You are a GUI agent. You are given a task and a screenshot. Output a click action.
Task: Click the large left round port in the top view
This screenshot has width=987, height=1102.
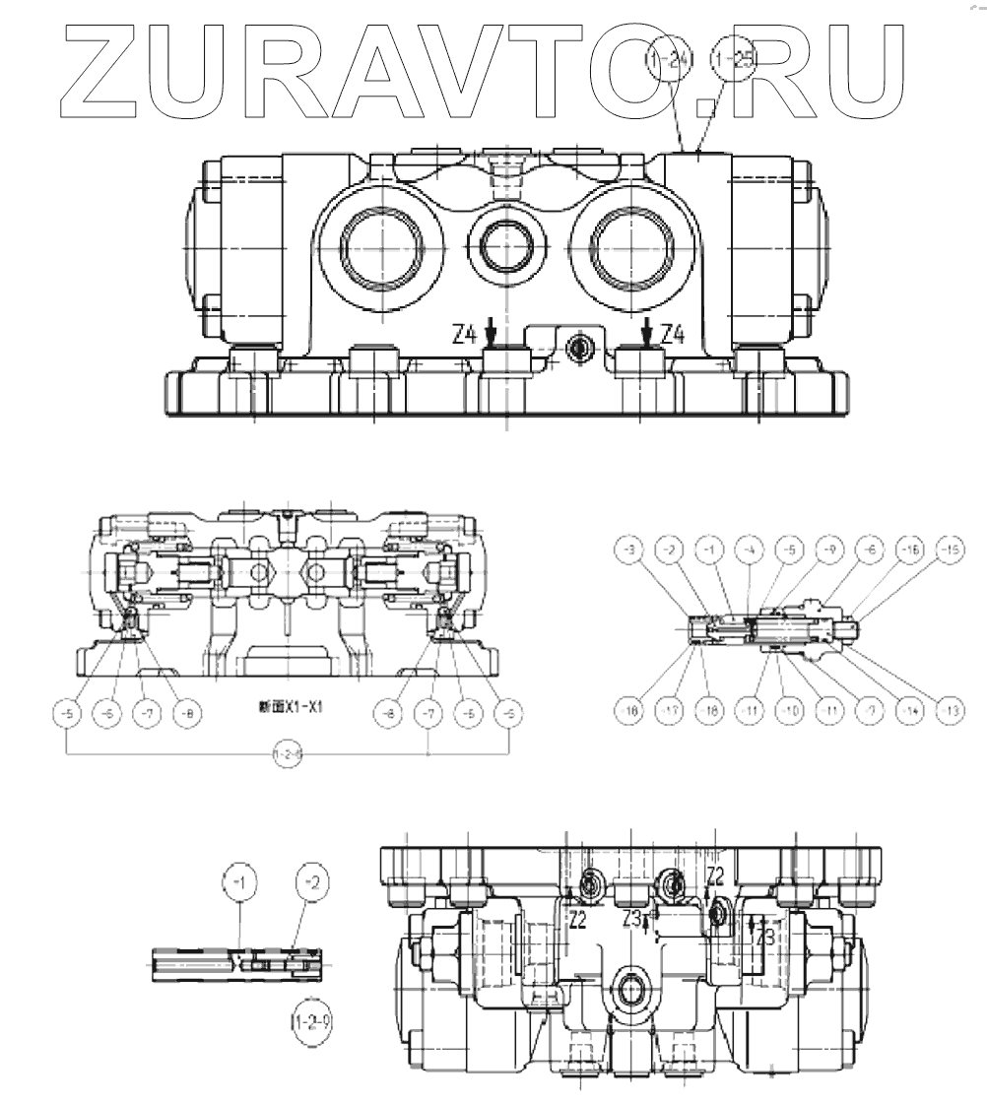click(382, 243)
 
